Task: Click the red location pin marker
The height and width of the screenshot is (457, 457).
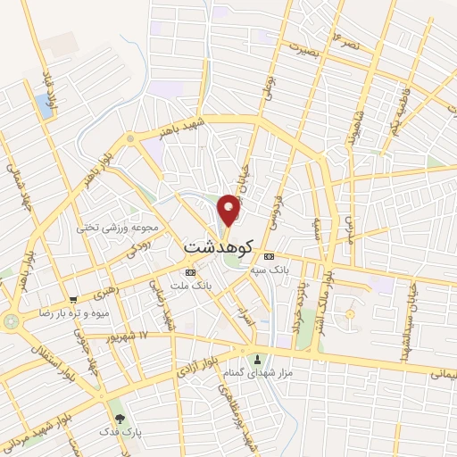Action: tap(228, 211)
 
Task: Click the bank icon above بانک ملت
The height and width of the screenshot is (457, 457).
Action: tap(190, 271)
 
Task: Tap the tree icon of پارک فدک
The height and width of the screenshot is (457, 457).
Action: tap(119, 418)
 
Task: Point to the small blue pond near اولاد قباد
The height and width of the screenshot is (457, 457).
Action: tap(46, 107)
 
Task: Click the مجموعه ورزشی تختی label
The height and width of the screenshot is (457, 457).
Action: tap(129, 228)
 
